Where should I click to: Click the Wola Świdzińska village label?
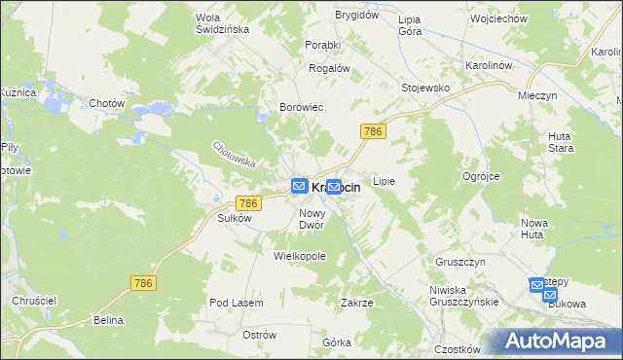point(223,23)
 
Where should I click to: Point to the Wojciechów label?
point(497,18)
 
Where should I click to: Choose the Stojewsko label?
point(425,88)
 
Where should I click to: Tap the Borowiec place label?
point(301,107)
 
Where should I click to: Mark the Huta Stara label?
point(561,142)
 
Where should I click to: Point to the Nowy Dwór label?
point(311,219)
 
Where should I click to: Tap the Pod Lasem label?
point(237,304)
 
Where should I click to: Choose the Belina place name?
point(109,319)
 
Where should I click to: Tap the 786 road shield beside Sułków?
point(247,202)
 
